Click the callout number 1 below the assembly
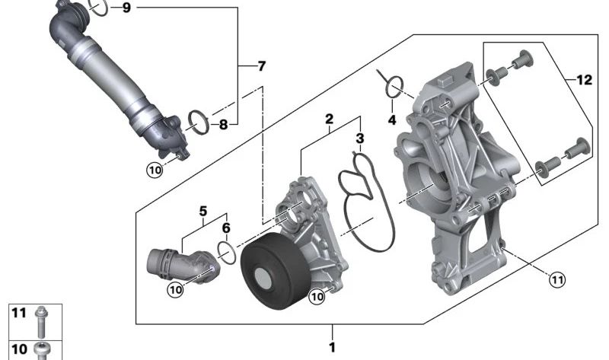pyautogui.click(x=332, y=347)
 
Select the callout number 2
pyautogui.click(x=329, y=119)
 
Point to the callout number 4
pyautogui.click(x=392, y=120)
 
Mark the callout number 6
pyautogui.click(x=226, y=227)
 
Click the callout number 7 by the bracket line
pyautogui.click(x=261, y=66)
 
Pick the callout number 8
pyautogui.click(x=223, y=125)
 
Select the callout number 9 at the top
pyautogui.click(x=126, y=8)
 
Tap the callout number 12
pyautogui.click(x=583, y=80)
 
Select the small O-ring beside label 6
pyautogui.click(x=226, y=249)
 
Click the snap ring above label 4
pyautogui.click(x=392, y=87)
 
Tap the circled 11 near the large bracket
pyautogui.click(x=556, y=280)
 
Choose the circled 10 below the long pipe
pyautogui.click(x=155, y=170)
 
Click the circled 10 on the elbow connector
pyautogui.click(x=176, y=288)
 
